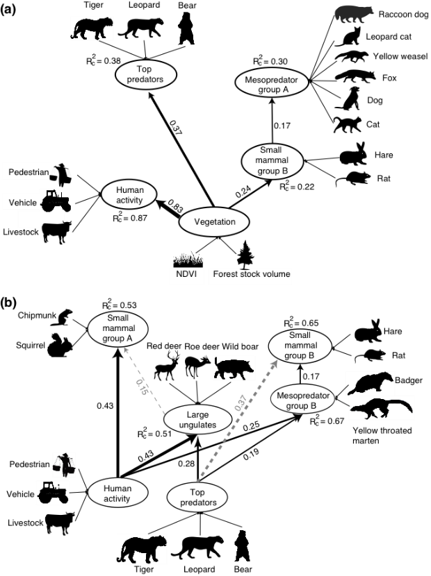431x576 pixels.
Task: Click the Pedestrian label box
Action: click(x=27, y=171)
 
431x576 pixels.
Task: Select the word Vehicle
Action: click(x=22, y=203)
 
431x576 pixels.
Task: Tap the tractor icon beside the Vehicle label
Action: click(x=56, y=201)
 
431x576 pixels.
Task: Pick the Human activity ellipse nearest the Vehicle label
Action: click(x=129, y=194)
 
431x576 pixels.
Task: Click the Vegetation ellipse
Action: click(x=214, y=222)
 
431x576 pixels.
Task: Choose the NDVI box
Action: click(x=186, y=275)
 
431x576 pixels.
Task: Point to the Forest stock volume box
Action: click(x=251, y=275)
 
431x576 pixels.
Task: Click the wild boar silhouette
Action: click(x=234, y=369)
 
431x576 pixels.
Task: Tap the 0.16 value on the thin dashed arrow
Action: click(x=142, y=387)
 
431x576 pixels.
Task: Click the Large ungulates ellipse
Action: click(x=197, y=420)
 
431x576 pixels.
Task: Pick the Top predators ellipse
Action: click(x=198, y=498)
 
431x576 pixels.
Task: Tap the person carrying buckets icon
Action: click(x=65, y=465)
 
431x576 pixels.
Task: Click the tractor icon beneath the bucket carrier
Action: click(x=53, y=492)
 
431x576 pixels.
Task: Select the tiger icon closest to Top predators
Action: click(x=141, y=549)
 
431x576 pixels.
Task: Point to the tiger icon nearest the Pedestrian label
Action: click(x=92, y=28)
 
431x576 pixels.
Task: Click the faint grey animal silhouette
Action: click(x=354, y=14)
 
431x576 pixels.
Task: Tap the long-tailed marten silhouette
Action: click(x=381, y=409)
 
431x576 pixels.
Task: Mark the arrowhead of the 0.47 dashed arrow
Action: click(x=275, y=362)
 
